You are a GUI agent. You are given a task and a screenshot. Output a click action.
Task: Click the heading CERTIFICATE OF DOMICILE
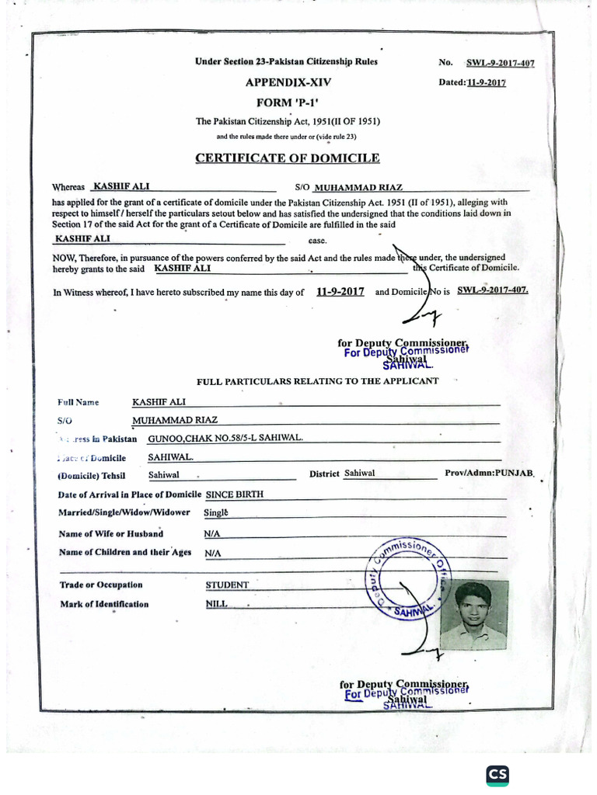coord(287,158)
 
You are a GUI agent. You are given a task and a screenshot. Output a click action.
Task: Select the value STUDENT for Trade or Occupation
coord(227,585)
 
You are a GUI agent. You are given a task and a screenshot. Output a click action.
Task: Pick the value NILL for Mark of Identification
coord(217,604)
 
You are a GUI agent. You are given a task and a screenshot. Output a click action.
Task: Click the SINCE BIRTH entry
coord(234,494)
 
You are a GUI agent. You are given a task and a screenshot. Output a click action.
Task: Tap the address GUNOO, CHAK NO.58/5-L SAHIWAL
coord(225,438)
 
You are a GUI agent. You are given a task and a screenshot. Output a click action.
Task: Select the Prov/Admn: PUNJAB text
coord(488,473)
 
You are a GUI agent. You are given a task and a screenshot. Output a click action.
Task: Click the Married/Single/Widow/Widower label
coord(124,512)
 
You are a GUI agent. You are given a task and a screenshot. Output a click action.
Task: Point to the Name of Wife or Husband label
coord(111,533)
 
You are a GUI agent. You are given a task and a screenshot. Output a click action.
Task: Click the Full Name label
coord(79,402)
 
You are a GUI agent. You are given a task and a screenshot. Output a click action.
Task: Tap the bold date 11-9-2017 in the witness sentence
coord(340,292)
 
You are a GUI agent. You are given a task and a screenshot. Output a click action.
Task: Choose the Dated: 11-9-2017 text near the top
coord(473,82)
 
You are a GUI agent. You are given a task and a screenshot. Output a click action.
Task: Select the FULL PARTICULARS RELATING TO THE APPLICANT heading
coord(317,381)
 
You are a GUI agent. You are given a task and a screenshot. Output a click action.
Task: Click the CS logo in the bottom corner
coord(497,774)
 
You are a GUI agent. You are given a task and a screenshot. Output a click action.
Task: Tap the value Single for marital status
coord(215,512)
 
